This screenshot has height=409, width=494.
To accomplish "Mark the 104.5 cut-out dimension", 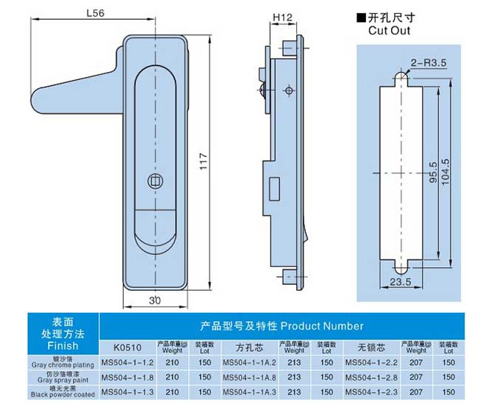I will [445, 173].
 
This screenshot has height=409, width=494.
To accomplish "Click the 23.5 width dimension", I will [401, 281].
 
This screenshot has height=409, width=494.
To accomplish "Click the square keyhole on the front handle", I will [154, 179].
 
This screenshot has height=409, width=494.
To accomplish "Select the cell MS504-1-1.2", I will [127, 362].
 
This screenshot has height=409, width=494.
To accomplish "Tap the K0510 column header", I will [127, 346].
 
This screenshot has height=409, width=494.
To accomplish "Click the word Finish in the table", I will [62, 345].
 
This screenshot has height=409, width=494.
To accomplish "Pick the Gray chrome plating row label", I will [62, 363].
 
